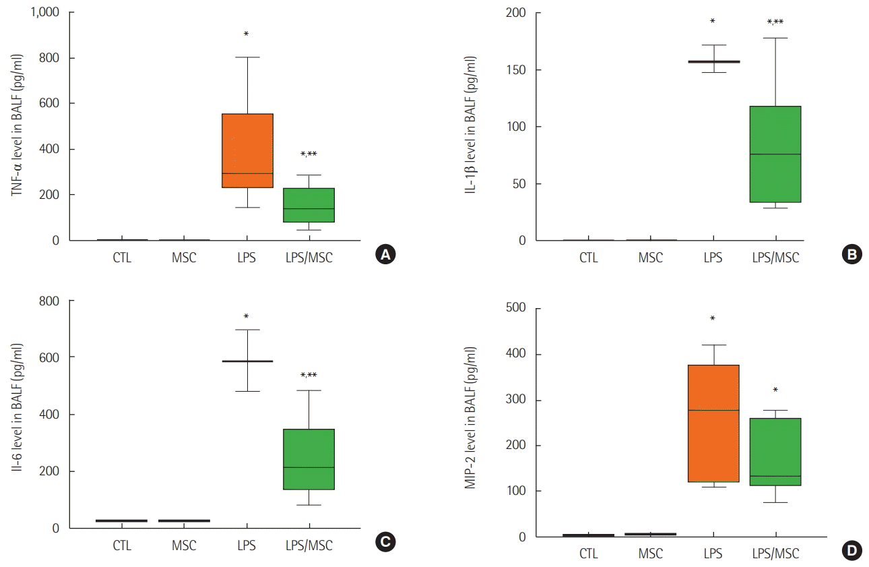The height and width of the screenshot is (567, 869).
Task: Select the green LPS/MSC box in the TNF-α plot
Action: click(x=309, y=205)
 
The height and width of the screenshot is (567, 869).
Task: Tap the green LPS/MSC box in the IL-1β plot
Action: click(x=775, y=154)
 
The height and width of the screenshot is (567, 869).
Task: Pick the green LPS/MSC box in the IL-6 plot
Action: click(x=309, y=459)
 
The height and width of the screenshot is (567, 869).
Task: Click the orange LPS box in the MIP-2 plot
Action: click(x=713, y=423)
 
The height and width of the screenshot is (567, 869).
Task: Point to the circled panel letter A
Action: click(x=385, y=254)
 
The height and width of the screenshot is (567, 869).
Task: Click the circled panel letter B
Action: click(x=851, y=254)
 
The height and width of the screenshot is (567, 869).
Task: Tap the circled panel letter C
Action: click(x=385, y=541)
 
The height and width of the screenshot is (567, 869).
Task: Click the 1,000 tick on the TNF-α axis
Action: click(x=45, y=13)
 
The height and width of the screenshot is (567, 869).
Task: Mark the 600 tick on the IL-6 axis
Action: click(x=50, y=357)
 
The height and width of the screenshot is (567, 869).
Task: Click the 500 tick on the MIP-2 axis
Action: click(x=516, y=309)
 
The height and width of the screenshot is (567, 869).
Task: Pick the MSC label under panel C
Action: click(x=184, y=545)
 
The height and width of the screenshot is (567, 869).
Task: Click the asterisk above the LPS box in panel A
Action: click(x=247, y=34)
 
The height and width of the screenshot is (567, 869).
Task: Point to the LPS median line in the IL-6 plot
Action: click(x=247, y=361)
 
